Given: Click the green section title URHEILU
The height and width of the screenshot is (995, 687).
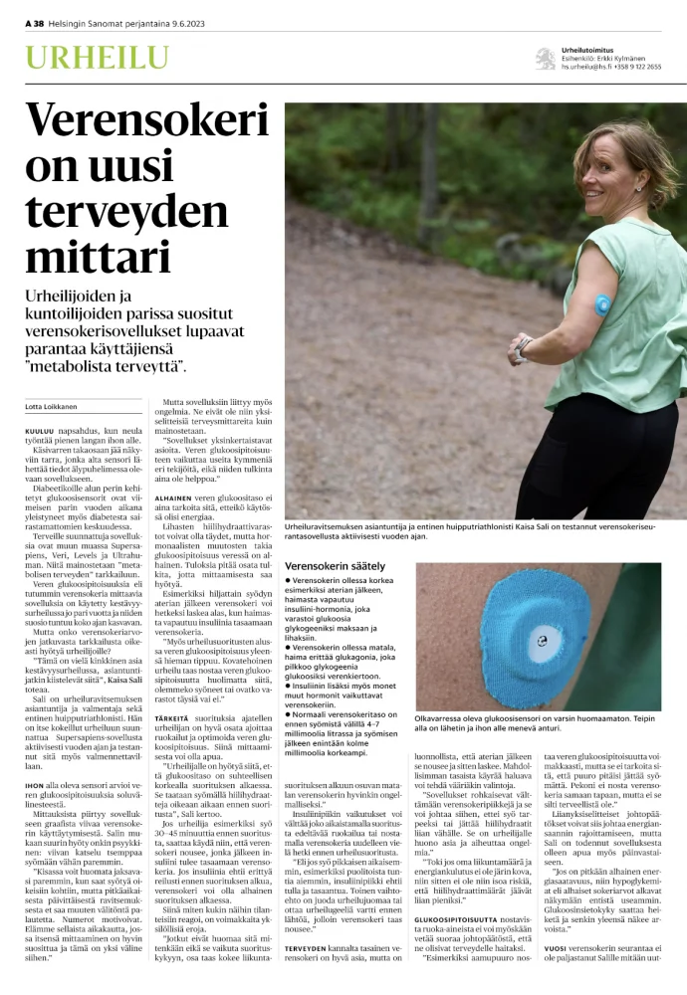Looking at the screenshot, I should coord(83,57).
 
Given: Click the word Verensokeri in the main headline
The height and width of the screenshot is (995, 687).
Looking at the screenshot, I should coord(133,121).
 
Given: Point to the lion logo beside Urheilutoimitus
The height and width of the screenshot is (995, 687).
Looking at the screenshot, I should coord(545,59).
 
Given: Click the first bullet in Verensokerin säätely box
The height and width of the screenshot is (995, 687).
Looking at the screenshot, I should coord(288,579).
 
